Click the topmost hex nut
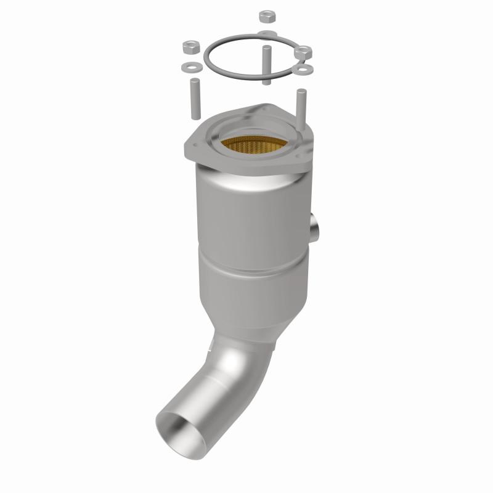[266, 16]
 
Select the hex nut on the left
[190, 46]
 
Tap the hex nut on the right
[302, 54]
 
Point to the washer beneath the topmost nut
[267, 32]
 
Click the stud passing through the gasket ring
[266, 65]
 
